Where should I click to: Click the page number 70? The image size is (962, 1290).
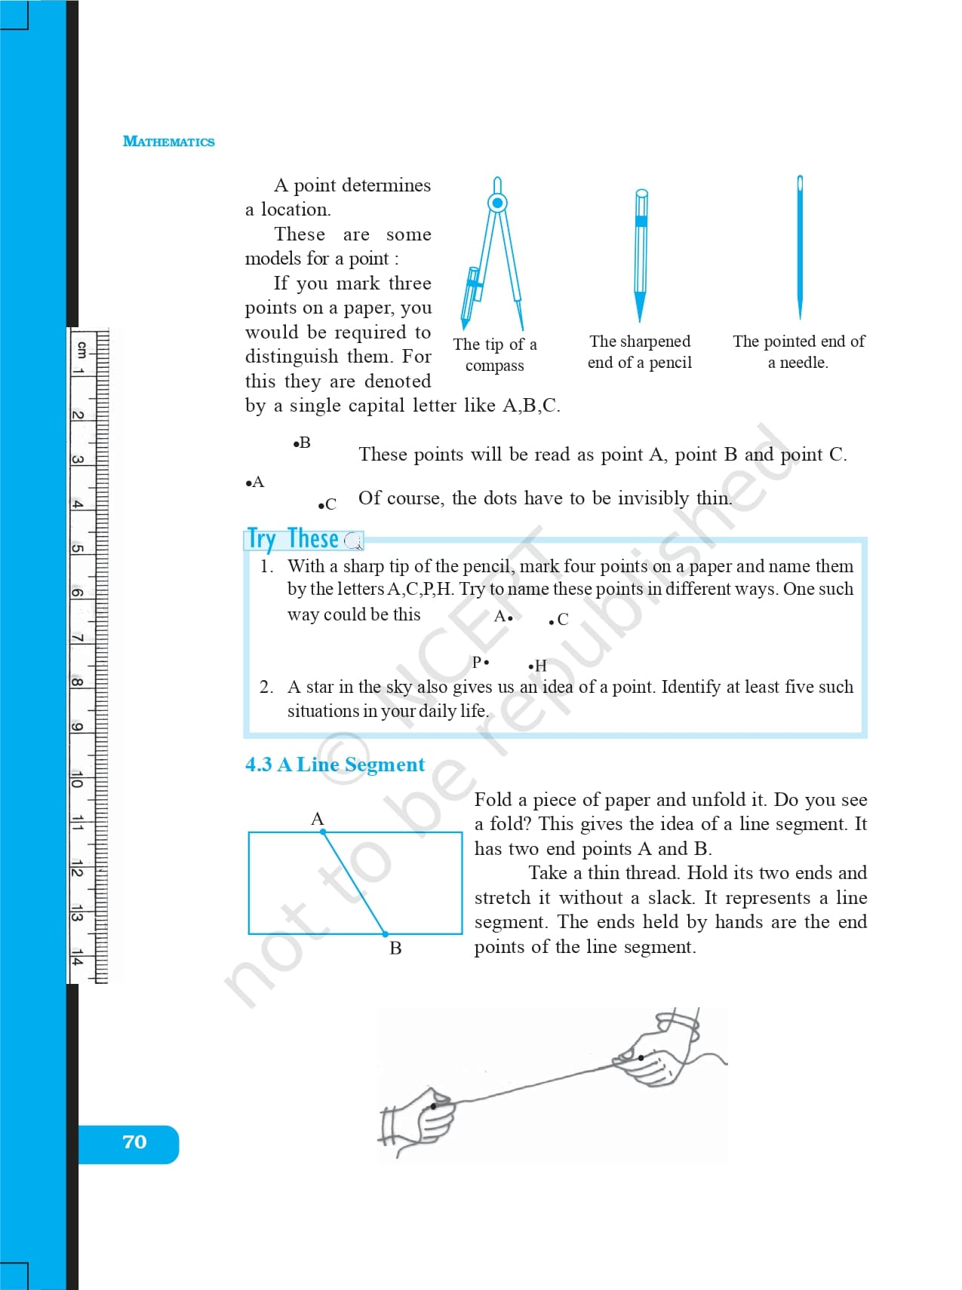click(x=134, y=1142)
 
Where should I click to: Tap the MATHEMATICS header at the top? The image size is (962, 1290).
click(x=168, y=142)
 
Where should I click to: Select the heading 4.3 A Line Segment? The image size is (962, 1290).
click(x=335, y=765)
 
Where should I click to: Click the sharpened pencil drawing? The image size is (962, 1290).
click(x=641, y=253)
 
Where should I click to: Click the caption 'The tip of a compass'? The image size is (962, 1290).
click(x=495, y=354)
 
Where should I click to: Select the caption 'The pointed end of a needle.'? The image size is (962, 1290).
click(x=798, y=351)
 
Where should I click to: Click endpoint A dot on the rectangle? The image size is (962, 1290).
click(x=323, y=832)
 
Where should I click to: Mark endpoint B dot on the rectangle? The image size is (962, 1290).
click(x=386, y=934)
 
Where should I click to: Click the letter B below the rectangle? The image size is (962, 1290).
click(x=395, y=948)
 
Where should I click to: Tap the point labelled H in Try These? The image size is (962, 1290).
click(x=531, y=666)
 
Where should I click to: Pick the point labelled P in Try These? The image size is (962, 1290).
click(x=487, y=663)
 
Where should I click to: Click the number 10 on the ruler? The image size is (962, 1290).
click(x=77, y=780)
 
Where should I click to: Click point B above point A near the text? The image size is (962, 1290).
click(x=296, y=443)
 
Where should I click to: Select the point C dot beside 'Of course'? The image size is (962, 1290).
click(x=321, y=505)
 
